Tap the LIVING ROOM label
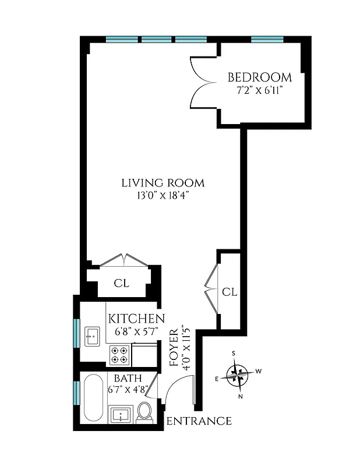[x=163, y=183]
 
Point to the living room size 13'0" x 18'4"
[x=163, y=196]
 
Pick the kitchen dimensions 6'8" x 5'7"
[x=136, y=332]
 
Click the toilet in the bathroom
[x=145, y=411]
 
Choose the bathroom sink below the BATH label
[x=122, y=415]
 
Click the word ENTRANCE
[x=199, y=421]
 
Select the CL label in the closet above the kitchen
[x=121, y=284]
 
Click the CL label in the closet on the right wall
[x=230, y=292]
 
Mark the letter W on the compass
[x=259, y=371]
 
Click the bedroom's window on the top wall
[x=267, y=40]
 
